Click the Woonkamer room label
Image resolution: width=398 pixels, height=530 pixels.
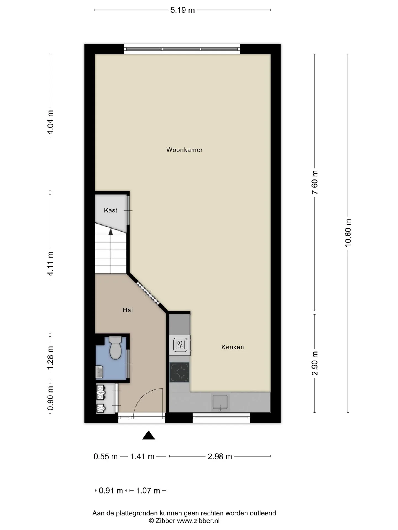pyautogui.click(x=185, y=150)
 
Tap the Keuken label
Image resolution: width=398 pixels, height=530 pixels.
pyautogui.click(x=233, y=347)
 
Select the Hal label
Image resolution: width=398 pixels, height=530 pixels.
pyautogui.click(x=128, y=310)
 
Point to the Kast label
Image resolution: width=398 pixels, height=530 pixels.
pyautogui.click(x=111, y=210)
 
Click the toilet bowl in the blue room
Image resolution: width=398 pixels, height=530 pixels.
pyautogui.click(x=115, y=348)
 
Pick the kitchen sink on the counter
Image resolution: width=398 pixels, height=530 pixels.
pyautogui.click(x=220, y=402)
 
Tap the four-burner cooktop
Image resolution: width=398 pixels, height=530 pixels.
pyautogui.click(x=179, y=372)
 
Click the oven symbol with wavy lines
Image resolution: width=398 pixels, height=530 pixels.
pyautogui.click(x=180, y=345)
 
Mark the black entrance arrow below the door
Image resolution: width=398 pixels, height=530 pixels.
pyautogui.click(x=148, y=435)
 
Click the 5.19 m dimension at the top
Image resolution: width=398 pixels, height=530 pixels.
pyautogui.click(x=182, y=10)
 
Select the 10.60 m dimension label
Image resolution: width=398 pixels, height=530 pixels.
pyautogui.click(x=348, y=233)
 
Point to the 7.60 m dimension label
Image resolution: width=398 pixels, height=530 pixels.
pyautogui.click(x=315, y=182)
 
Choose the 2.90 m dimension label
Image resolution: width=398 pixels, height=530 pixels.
pyautogui.click(x=315, y=363)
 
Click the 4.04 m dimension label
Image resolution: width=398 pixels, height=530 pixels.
pyautogui.click(x=50, y=122)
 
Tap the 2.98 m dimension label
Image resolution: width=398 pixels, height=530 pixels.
pyautogui.click(x=220, y=457)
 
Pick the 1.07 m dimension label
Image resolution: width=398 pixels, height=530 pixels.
pyautogui.click(x=148, y=491)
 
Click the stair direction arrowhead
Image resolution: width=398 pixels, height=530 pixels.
pyautogui.click(x=111, y=232)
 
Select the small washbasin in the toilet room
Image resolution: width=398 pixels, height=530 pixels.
pyautogui.click(x=99, y=372)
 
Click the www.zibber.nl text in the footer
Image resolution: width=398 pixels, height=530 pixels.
pyautogui.click(x=198, y=521)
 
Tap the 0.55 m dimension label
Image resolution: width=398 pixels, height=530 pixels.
pyautogui.click(x=106, y=457)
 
